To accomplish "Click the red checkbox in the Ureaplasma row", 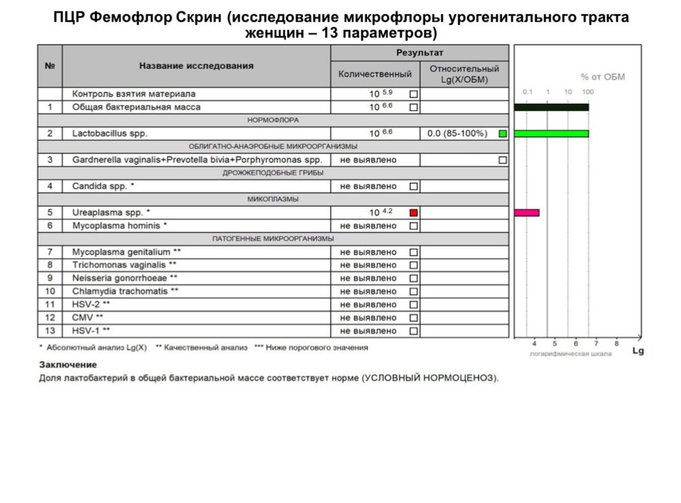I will (413, 212).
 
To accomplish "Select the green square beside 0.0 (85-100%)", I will (503, 133).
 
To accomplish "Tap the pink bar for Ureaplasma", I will (526, 213).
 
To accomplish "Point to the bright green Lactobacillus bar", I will (551, 133).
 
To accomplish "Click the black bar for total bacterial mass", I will (551, 107).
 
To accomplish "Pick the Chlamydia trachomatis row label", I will (125, 291).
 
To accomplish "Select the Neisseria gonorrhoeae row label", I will (125, 278).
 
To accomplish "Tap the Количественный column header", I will (375, 74).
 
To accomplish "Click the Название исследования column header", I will (196, 66).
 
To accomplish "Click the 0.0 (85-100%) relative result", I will (457, 133).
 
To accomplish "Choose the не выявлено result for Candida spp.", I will (368, 186).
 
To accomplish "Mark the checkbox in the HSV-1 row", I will (413, 331).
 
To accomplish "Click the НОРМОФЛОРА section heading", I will (273, 120).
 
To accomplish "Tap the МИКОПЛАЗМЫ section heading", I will (273, 199).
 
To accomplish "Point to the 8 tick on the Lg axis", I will (616, 344).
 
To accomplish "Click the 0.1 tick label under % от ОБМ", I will (526, 91).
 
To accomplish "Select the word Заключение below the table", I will (67, 365).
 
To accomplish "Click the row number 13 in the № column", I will (49, 331).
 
